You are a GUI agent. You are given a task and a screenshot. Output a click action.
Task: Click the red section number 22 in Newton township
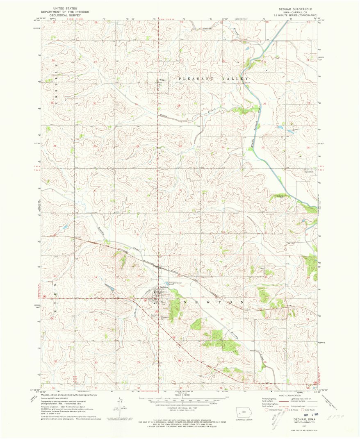(223, 319)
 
